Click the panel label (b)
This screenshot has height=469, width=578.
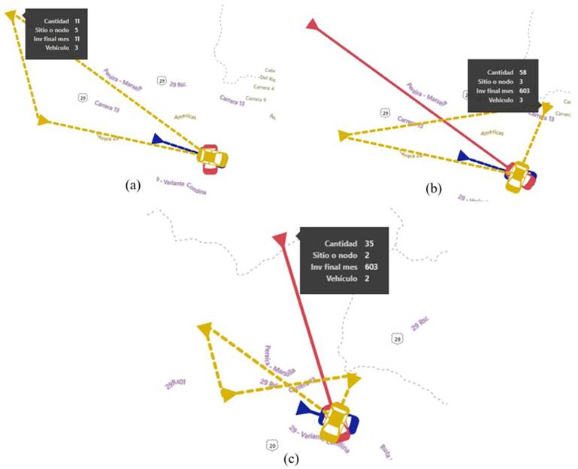pos(433,189)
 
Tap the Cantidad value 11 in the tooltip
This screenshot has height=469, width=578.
pos(77,22)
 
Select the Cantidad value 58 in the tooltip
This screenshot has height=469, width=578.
pos(522,72)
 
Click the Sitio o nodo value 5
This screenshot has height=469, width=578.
pos(77,30)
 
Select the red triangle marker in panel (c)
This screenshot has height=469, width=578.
pos(280,240)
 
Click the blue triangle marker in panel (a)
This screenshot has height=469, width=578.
pos(158,139)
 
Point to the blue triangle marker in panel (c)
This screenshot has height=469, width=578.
pos(305,408)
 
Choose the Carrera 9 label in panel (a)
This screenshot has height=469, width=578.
pos(256,98)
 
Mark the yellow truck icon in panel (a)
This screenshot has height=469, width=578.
pos(211,158)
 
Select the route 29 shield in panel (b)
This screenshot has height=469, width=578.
pos(385,113)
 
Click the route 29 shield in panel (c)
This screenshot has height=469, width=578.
pos(398,340)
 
